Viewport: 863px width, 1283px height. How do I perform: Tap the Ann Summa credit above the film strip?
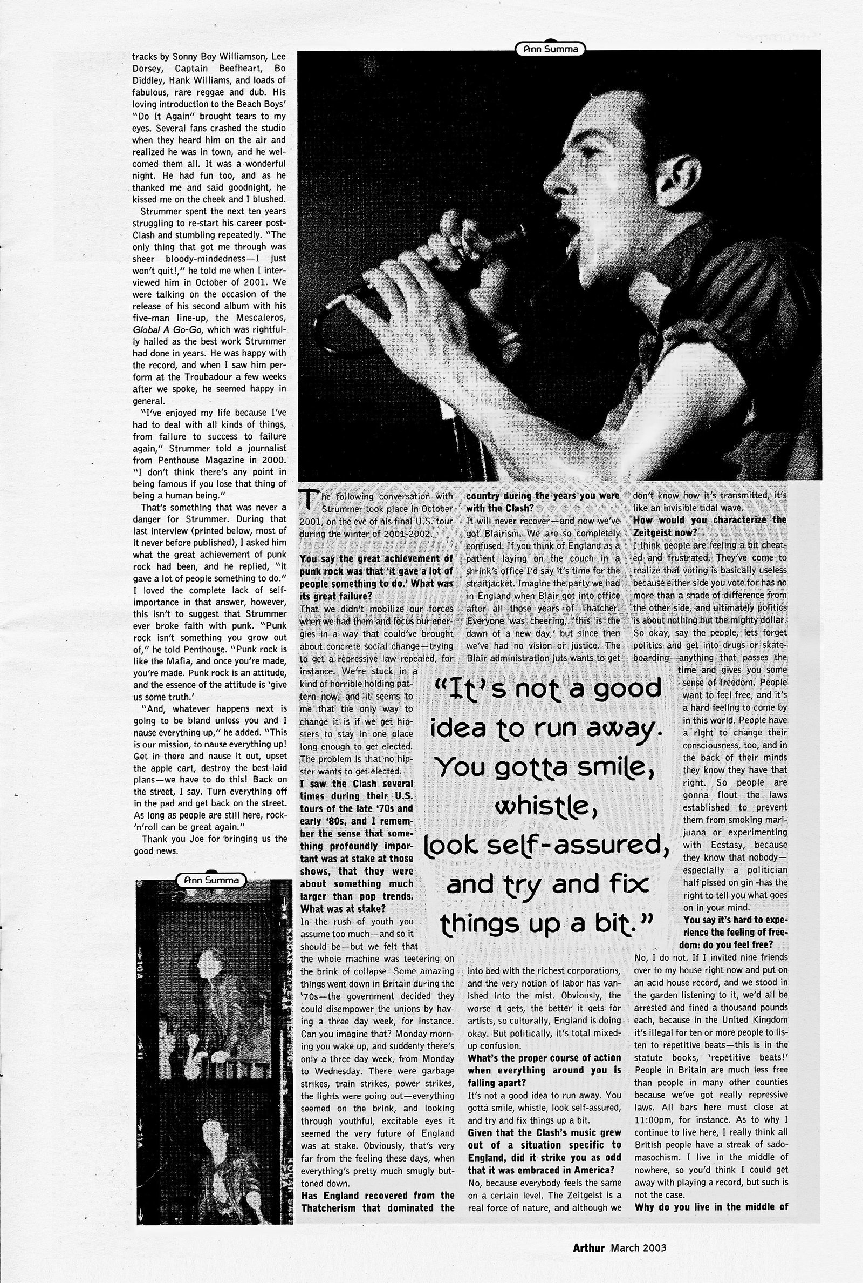211,880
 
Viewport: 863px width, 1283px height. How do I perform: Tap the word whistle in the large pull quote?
546,807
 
